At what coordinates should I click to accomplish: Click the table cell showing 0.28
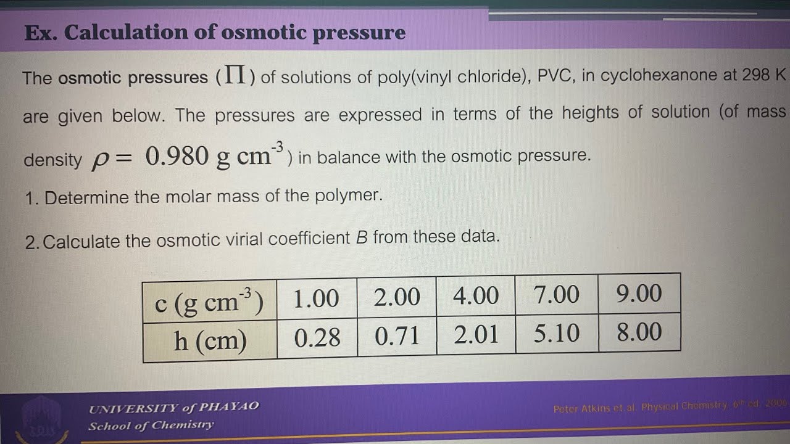[x=317, y=337]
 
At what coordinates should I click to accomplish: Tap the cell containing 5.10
[x=556, y=334]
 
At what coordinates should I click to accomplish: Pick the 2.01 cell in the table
[x=475, y=335]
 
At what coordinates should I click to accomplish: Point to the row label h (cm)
[x=210, y=340]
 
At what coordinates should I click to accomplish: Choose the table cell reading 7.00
[x=556, y=295]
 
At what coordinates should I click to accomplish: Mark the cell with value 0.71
[x=397, y=336]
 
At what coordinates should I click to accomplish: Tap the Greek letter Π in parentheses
[x=238, y=77]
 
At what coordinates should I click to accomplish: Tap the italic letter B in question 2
[x=362, y=237]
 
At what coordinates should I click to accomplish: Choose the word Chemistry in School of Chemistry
[x=183, y=425]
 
